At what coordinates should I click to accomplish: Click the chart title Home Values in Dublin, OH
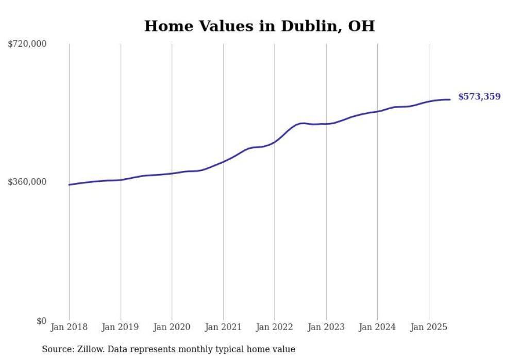[x=259, y=26]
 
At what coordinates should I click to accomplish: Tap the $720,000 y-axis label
[x=27, y=44]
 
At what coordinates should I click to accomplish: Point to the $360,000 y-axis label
[x=27, y=182]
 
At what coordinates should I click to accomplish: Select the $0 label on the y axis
[x=41, y=321]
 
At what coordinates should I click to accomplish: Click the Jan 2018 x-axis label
[x=69, y=327]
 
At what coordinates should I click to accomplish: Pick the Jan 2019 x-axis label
[x=121, y=327]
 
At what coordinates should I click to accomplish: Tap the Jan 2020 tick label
[x=172, y=327]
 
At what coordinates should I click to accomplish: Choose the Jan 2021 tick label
[x=223, y=327]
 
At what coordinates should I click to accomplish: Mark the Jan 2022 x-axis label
[x=275, y=327]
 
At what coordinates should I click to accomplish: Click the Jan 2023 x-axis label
[x=326, y=327]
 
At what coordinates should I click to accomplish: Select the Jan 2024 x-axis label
[x=377, y=327]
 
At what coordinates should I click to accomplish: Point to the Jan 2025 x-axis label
[x=429, y=327]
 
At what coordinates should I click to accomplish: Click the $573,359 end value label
[x=479, y=96]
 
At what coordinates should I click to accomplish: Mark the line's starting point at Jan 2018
[x=69, y=184]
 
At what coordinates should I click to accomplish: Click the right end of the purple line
[x=450, y=99]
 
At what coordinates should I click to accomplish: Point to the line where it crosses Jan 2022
[x=275, y=141]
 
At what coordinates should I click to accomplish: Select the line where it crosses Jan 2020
[x=172, y=173]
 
